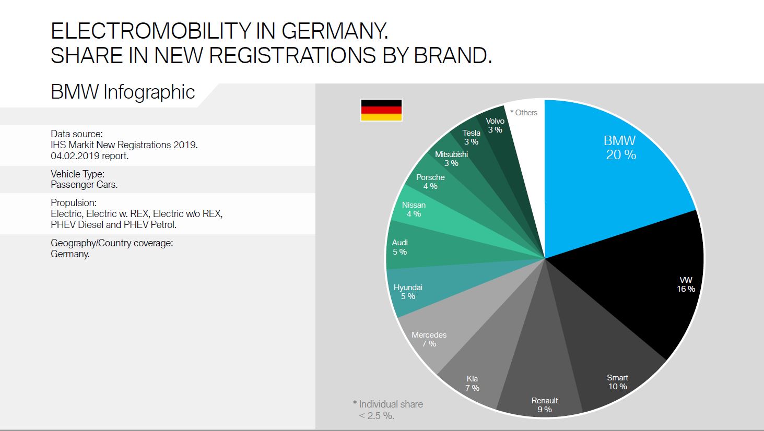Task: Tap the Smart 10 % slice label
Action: (x=617, y=382)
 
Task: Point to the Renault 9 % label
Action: (x=545, y=405)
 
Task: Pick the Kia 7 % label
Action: (x=472, y=383)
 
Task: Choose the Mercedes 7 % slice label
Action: (x=429, y=339)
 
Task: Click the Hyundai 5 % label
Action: (x=408, y=292)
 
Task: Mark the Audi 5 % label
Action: (x=399, y=247)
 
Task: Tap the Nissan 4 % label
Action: (x=414, y=209)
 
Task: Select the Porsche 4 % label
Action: (x=430, y=182)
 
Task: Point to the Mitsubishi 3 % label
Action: (x=451, y=159)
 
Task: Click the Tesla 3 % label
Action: (x=471, y=137)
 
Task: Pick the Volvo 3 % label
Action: (x=495, y=125)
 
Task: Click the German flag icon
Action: (x=381, y=110)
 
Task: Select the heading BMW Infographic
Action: (x=123, y=92)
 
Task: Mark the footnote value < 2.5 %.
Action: (x=377, y=416)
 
